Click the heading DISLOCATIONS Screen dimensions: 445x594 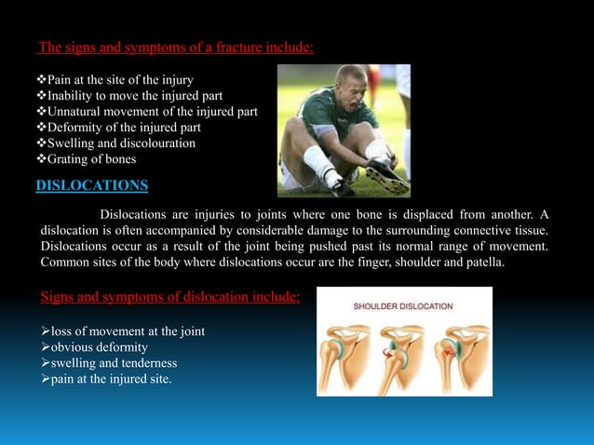click(x=91, y=185)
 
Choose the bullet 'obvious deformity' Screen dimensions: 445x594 click(x=97, y=346)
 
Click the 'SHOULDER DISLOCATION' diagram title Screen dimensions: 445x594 click(x=404, y=305)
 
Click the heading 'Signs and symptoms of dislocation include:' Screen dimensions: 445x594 click(x=170, y=297)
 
